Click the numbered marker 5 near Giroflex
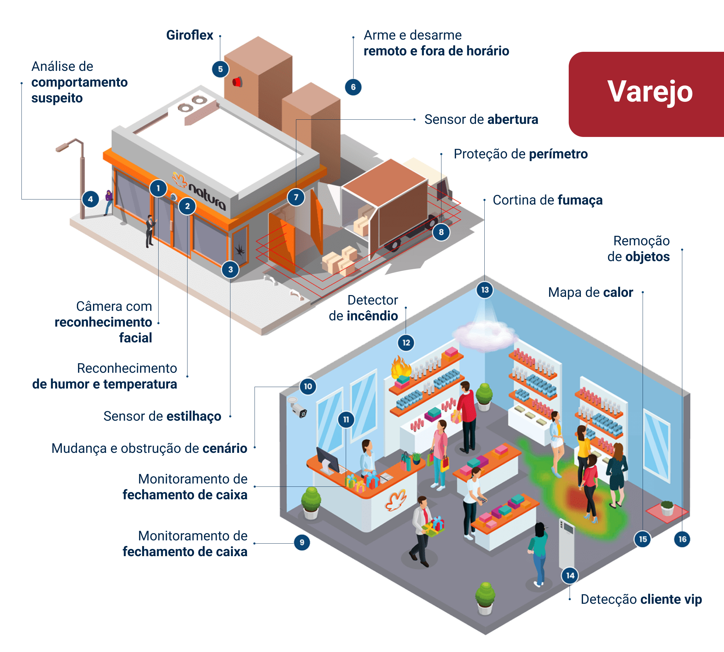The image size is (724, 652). point(220,69)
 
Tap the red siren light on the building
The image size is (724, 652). point(237,82)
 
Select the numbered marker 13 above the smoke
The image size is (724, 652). point(485,290)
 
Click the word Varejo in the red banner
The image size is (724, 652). point(649,92)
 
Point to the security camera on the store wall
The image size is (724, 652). point(298,409)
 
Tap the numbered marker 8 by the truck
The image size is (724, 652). point(441,232)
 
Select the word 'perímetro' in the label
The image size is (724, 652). point(558,154)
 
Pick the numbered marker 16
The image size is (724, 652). point(682,539)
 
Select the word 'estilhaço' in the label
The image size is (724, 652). point(194,416)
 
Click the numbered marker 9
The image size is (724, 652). point(302,542)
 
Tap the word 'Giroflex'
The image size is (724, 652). point(189,35)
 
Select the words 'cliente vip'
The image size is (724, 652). point(671,599)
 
